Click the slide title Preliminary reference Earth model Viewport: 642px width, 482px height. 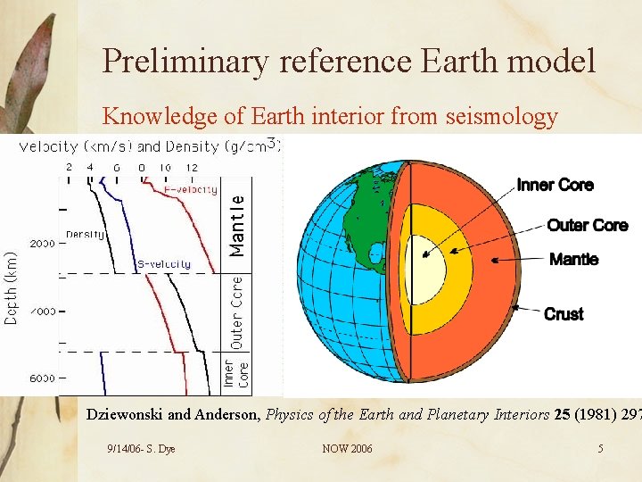[x=349, y=61]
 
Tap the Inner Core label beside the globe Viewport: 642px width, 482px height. [x=555, y=185]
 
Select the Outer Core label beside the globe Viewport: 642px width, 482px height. [x=587, y=225]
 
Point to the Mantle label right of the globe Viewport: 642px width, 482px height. [x=573, y=260]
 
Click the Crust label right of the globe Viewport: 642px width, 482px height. [x=564, y=313]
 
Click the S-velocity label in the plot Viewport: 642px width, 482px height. [x=163, y=264]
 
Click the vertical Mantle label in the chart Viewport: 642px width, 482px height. [x=238, y=227]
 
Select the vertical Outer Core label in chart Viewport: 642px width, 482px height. [x=237, y=312]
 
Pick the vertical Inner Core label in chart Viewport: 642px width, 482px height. [x=237, y=375]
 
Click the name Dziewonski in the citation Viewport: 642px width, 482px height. [x=124, y=414]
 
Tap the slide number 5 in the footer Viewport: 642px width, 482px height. [x=600, y=449]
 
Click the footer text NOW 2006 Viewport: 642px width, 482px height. [x=347, y=449]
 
